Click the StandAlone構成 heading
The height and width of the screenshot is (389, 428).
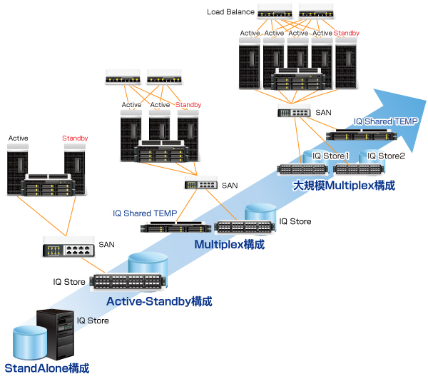tap(47, 368)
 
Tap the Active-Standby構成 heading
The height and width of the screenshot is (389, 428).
tap(159, 301)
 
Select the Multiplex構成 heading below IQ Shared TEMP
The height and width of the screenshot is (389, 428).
tap(230, 244)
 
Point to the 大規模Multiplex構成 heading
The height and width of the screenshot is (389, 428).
tap(344, 185)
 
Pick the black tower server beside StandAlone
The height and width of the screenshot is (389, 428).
tap(57, 333)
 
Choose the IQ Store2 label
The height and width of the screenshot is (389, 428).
tap(386, 156)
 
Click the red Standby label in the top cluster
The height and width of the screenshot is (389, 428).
tap(347, 33)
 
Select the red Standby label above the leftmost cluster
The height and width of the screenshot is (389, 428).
tap(75, 138)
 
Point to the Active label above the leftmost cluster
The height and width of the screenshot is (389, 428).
tap(19, 138)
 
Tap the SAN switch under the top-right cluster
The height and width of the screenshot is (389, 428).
tap(293, 112)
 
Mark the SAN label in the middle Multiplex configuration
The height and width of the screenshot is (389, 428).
tap(230, 185)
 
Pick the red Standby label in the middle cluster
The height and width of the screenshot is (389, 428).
tap(188, 105)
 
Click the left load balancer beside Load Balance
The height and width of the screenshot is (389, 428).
tap(275, 12)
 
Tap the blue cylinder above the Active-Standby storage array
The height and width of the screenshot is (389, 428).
tap(148, 266)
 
